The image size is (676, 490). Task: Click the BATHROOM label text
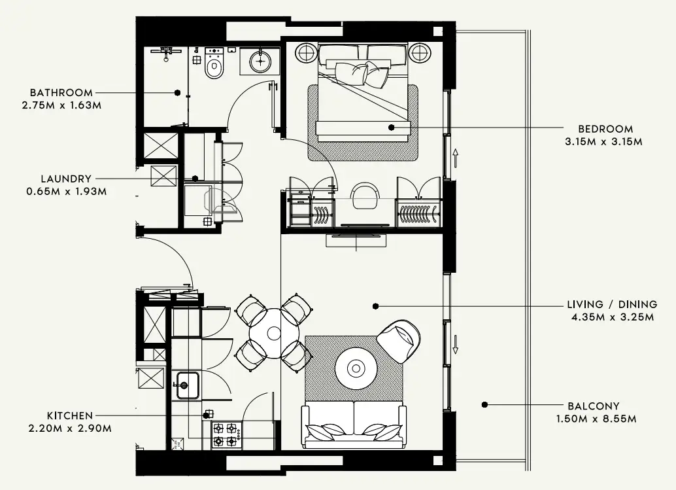[61, 93]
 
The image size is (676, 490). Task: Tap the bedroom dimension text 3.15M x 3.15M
[604, 141]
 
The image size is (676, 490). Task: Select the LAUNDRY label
[66, 179]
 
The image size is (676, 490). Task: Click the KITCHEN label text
[70, 416]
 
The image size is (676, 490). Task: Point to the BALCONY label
[594, 406]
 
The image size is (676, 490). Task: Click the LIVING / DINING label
[612, 304]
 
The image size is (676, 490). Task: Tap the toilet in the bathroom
[214, 64]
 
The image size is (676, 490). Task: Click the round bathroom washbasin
[261, 61]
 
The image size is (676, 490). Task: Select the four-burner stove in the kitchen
[226, 435]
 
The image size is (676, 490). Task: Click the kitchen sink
[187, 385]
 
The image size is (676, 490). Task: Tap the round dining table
[274, 333]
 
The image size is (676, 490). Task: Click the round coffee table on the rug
[356, 368]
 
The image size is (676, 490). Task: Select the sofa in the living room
[354, 425]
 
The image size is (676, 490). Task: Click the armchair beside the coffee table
[399, 341]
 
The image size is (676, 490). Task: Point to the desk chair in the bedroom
[365, 196]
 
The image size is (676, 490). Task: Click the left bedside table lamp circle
[307, 52]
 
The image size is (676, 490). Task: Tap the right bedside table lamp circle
[419, 52]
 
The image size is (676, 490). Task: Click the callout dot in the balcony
[484, 404]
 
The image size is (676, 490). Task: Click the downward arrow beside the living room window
[455, 343]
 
